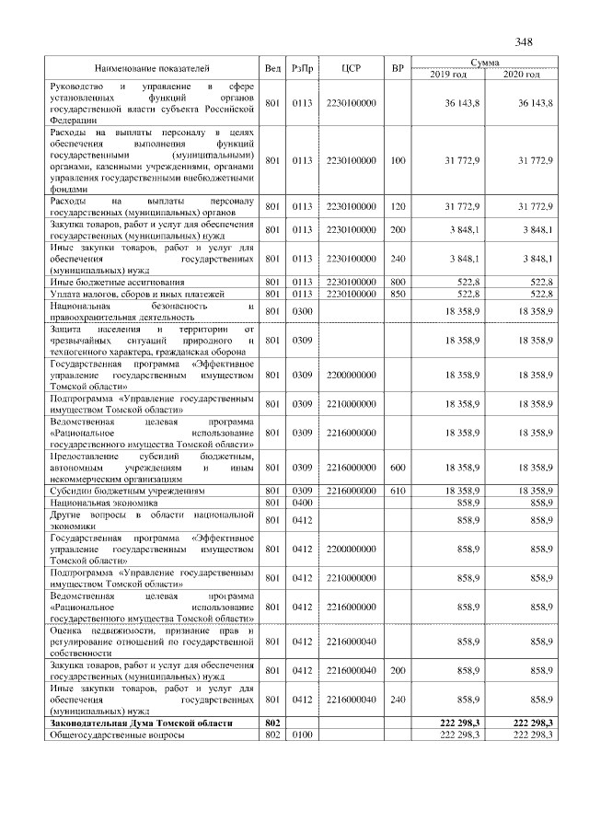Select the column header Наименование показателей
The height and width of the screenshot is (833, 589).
(x=152, y=68)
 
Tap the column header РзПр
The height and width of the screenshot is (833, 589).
(x=302, y=68)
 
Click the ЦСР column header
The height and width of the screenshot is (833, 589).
(x=351, y=68)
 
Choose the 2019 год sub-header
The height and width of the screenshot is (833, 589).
(x=447, y=74)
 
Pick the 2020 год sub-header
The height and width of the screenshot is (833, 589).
(x=521, y=74)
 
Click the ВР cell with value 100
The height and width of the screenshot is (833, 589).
(x=398, y=160)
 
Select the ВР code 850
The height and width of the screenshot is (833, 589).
(x=398, y=293)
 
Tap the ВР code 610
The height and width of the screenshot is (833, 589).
(x=398, y=492)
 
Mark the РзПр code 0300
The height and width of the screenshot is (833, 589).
(x=302, y=312)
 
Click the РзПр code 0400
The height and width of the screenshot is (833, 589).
(x=302, y=503)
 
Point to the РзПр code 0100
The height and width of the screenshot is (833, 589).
(x=302, y=735)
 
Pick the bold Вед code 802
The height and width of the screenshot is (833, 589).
(x=271, y=724)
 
